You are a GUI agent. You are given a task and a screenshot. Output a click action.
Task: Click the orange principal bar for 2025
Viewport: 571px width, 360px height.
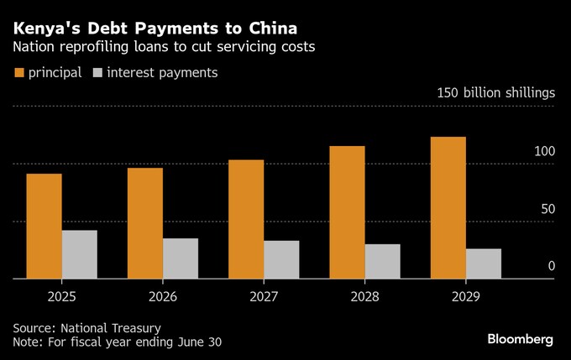[44, 226]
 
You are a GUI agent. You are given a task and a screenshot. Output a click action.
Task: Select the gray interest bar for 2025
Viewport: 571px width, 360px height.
[79, 254]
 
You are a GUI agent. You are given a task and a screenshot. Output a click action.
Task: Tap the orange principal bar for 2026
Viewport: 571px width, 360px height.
[145, 223]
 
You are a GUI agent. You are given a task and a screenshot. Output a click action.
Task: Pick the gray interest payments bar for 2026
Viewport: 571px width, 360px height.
[181, 258]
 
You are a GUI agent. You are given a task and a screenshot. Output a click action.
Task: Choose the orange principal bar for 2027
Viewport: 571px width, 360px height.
[246, 219]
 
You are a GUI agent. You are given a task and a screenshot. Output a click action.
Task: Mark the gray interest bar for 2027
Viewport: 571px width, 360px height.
[281, 259]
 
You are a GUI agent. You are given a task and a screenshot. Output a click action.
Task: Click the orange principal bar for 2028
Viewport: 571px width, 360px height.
[347, 212]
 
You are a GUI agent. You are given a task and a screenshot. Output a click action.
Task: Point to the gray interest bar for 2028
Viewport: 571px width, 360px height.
[382, 261]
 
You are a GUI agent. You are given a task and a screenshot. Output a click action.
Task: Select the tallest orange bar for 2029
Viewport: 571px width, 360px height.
[448, 207]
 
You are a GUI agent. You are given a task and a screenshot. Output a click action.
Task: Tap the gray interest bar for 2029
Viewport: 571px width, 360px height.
[484, 263]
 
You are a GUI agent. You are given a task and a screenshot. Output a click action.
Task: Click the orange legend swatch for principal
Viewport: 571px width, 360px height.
[18, 73]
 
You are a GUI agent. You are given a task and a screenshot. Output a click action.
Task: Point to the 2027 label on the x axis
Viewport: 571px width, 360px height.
[265, 297]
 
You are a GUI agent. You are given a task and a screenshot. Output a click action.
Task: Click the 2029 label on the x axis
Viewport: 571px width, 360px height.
[466, 297]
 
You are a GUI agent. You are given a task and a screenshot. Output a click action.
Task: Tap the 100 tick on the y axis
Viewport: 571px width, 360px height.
[544, 152]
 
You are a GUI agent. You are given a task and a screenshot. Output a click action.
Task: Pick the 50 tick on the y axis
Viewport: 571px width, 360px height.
[547, 208]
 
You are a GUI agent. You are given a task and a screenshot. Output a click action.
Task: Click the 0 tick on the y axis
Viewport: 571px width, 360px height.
[552, 266]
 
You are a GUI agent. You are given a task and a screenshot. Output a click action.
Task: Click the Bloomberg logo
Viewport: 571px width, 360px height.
[520, 339]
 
